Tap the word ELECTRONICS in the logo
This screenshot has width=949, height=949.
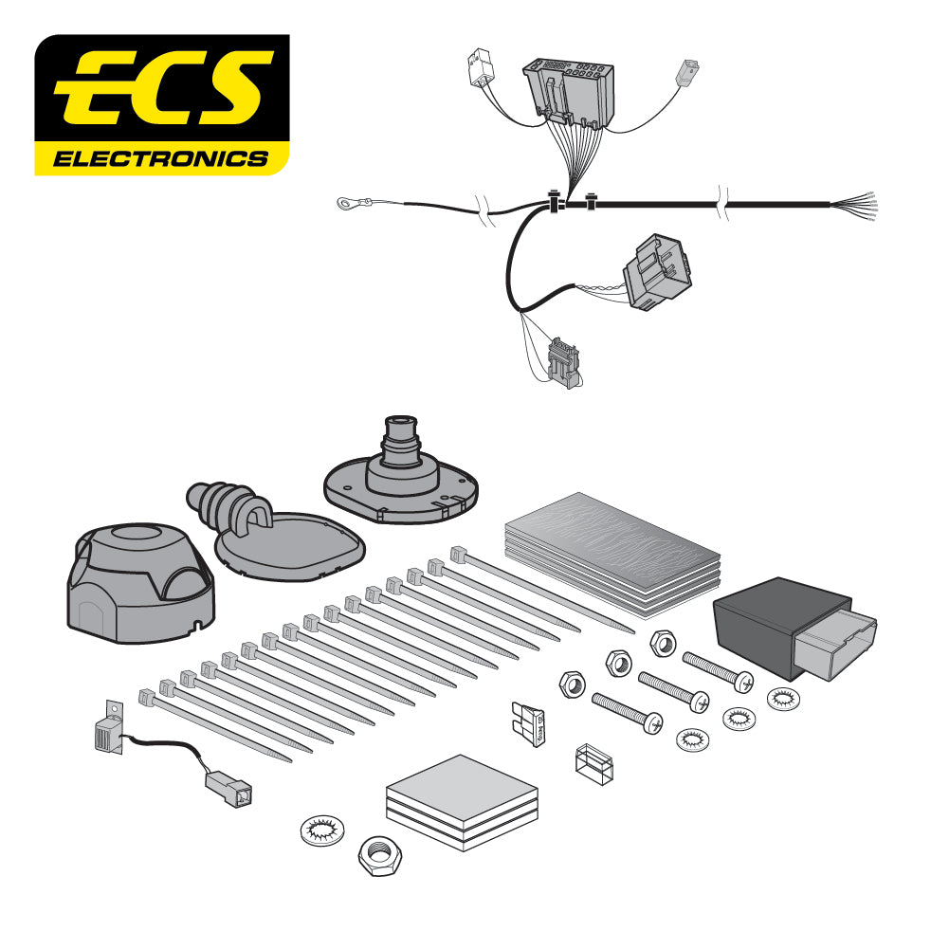pyautogui.click(x=161, y=157)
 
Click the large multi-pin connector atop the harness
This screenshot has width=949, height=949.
pyautogui.click(x=568, y=91)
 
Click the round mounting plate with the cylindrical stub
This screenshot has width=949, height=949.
pyautogui.click(x=398, y=474)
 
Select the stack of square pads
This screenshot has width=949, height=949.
pyautogui.click(x=463, y=801)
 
